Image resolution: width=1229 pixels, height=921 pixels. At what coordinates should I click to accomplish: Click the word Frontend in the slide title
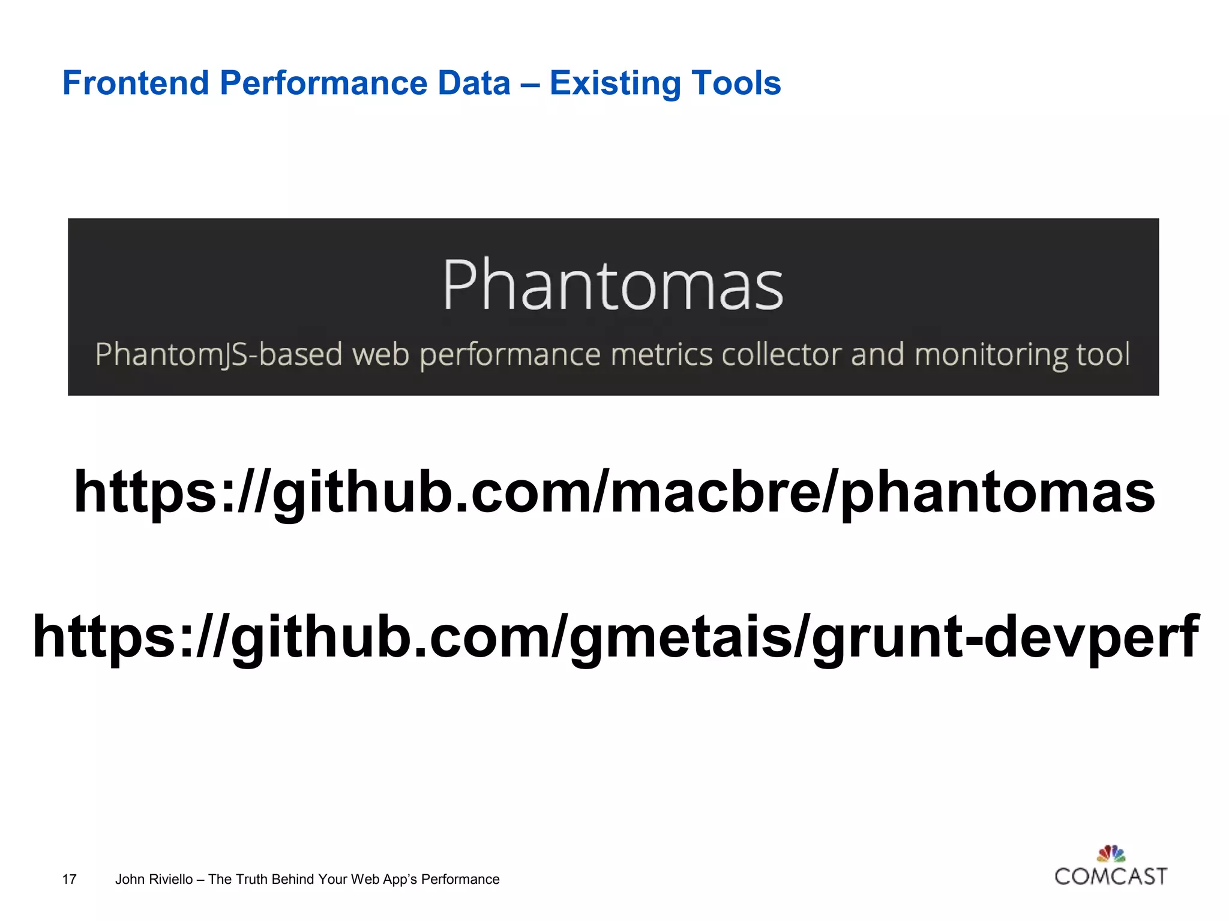[x=136, y=83]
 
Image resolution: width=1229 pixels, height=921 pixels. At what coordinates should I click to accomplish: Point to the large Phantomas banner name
[x=613, y=285]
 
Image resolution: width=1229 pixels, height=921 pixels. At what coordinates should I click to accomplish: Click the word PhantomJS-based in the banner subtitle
[x=218, y=354]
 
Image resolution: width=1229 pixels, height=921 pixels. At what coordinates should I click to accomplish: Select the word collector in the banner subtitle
[x=781, y=354]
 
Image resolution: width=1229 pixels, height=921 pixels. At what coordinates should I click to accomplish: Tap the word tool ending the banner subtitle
[x=1103, y=354]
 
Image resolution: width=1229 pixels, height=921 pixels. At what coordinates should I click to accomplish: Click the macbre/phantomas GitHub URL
[x=614, y=492]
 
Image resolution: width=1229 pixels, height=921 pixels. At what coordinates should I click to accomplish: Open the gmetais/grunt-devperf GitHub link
[x=615, y=637]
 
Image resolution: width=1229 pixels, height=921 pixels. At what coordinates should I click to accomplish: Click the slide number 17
[x=69, y=880]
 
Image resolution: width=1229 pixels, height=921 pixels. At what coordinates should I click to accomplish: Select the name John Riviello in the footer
[x=154, y=880]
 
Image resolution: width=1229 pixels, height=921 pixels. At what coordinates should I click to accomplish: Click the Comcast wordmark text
[x=1111, y=877]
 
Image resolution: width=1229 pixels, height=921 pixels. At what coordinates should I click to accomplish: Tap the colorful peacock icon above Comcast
[x=1111, y=853]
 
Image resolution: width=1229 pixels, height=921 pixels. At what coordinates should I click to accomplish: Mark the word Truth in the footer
[x=251, y=880]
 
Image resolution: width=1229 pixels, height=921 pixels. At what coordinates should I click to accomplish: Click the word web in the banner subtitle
[x=380, y=354]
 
